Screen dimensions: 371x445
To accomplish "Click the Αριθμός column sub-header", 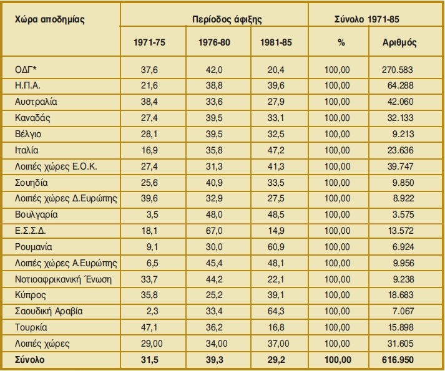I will click(399, 44).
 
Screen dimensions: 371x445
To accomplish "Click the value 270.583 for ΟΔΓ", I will click(401, 69).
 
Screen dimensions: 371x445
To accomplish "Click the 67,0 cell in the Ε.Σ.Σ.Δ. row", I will click(214, 231).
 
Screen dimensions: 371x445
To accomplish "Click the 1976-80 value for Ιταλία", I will click(214, 150).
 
